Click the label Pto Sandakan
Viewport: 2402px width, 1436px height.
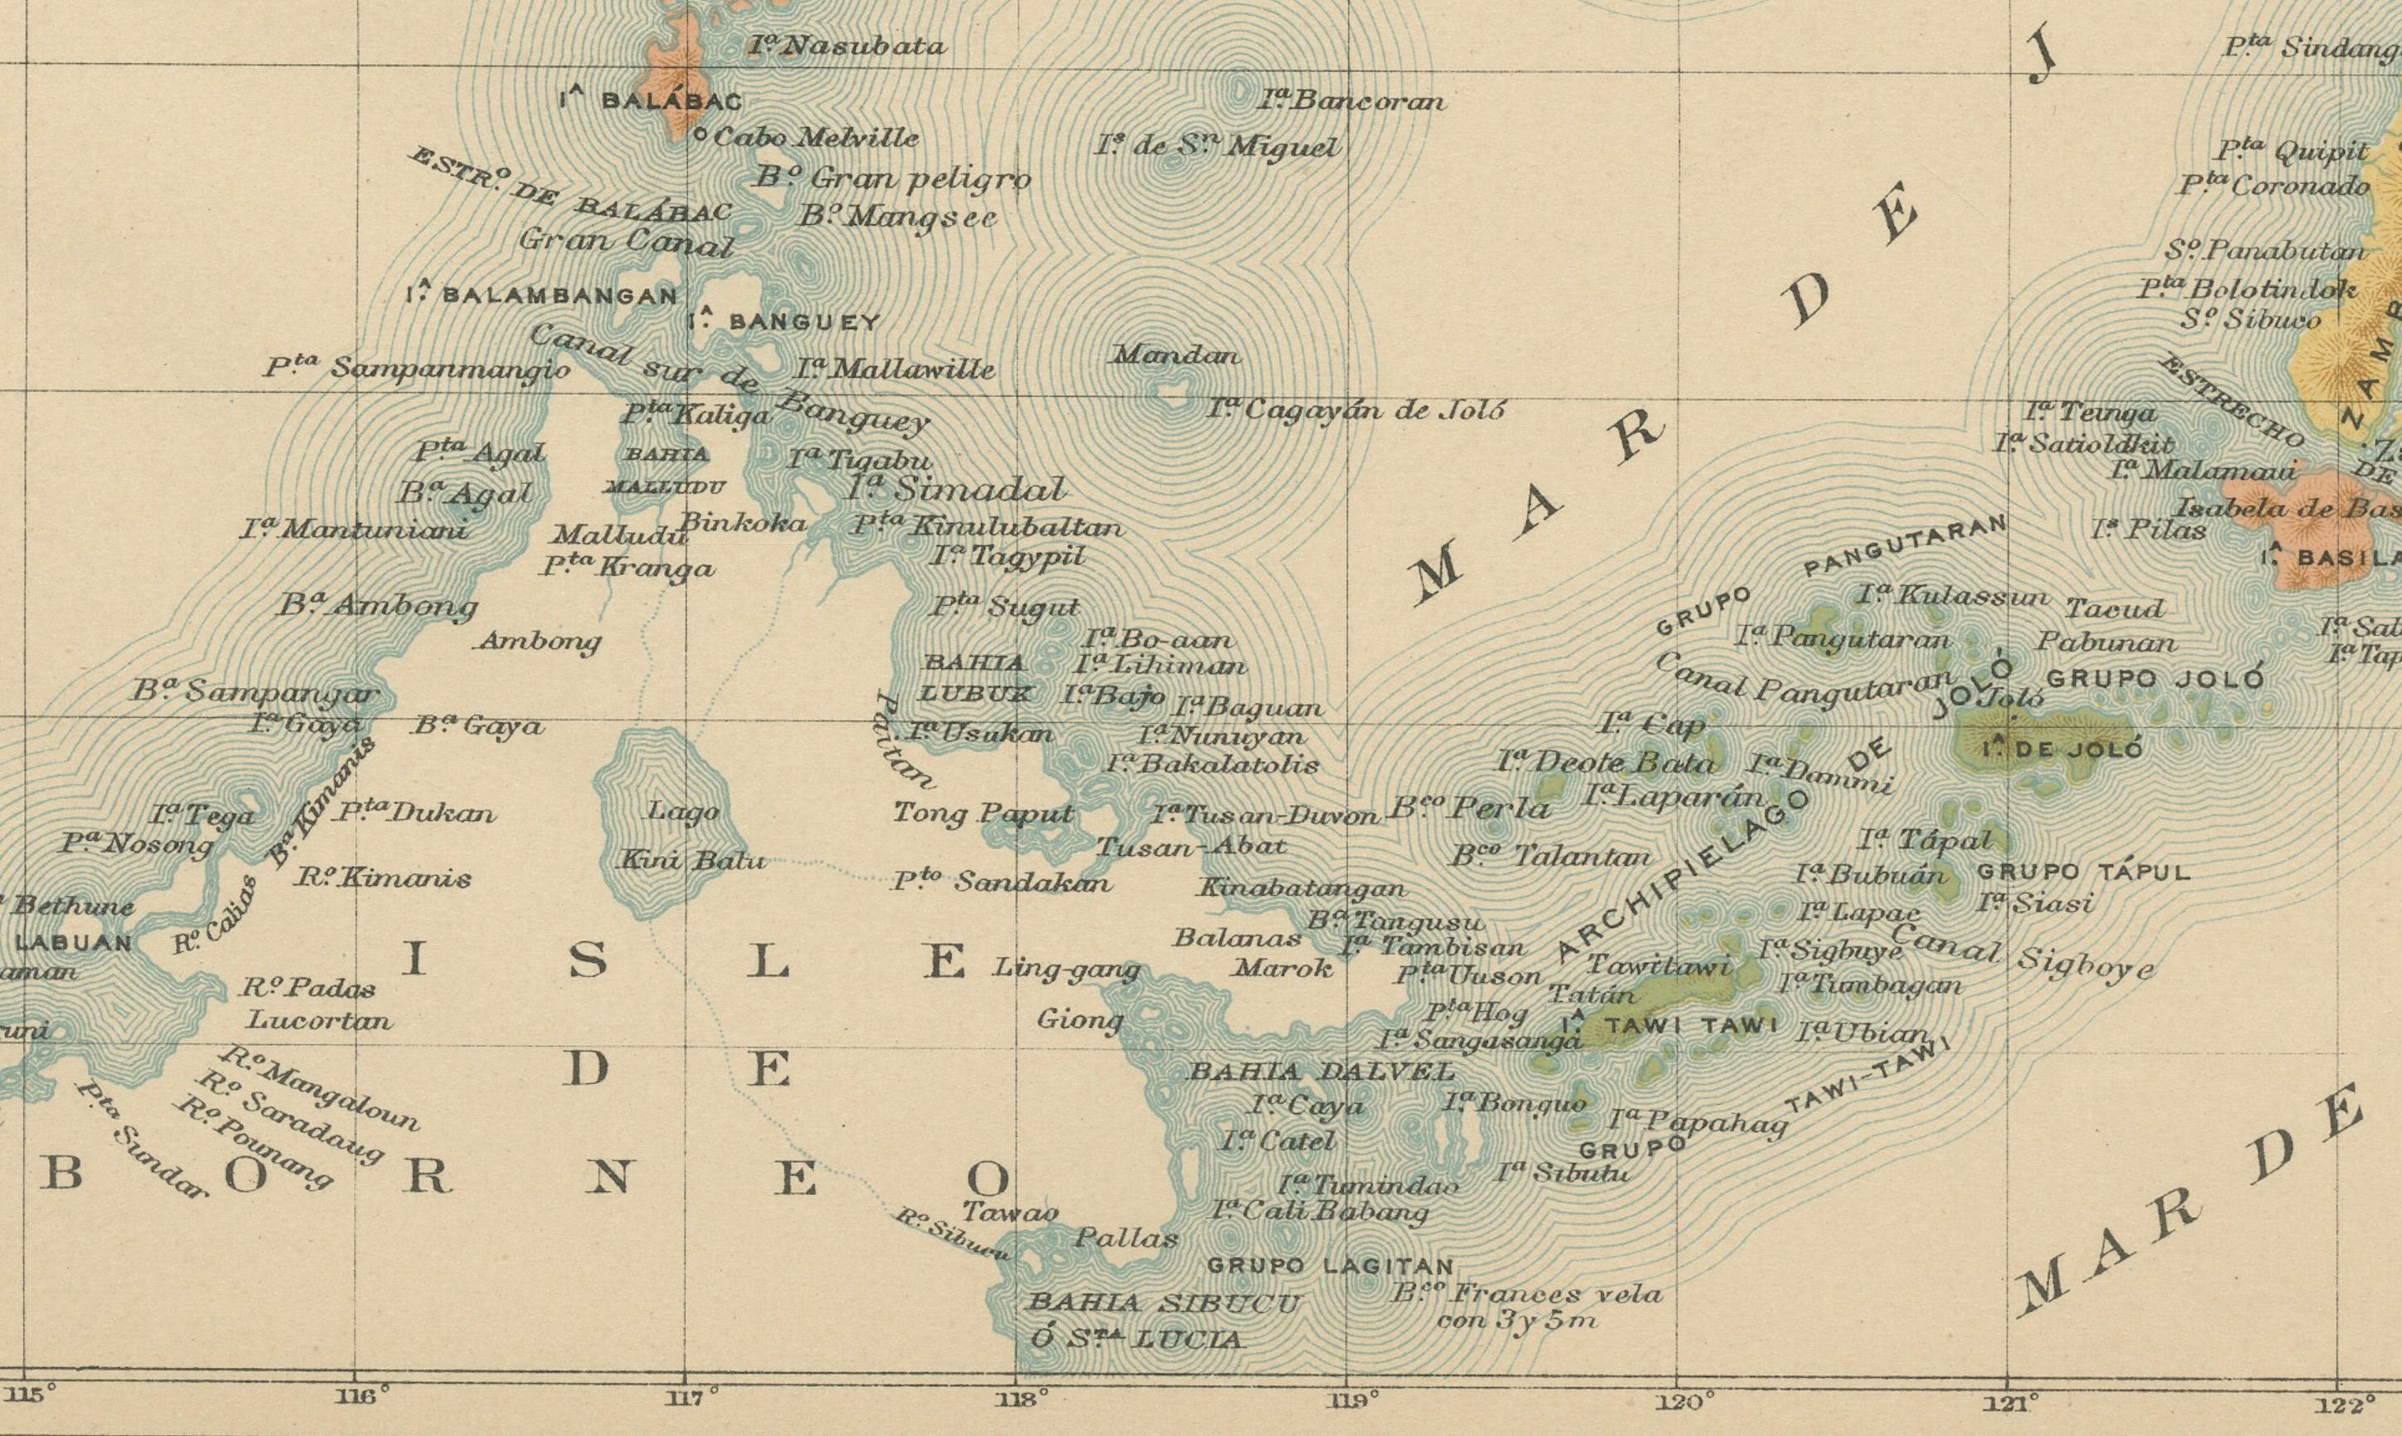(1001, 882)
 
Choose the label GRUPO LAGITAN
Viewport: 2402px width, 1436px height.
(1329, 1266)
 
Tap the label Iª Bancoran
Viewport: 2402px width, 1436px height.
(1351, 100)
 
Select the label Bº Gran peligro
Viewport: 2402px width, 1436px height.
(893, 179)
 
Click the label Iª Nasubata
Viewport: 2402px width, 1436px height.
(847, 46)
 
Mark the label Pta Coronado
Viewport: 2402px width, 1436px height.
(2273, 185)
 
